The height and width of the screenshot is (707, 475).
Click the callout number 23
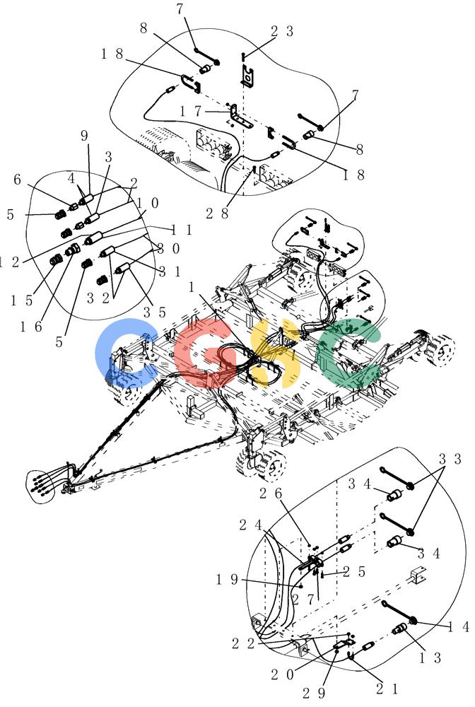pyautogui.click(x=282, y=31)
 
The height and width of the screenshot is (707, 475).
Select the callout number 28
pyautogui.click(x=217, y=214)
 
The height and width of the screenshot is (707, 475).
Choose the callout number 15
pyautogui.click(x=22, y=300)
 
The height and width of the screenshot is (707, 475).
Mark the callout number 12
pyautogui.click(x=9, y=262)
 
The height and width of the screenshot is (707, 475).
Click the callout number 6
pyautogui.click(x=17, y=180)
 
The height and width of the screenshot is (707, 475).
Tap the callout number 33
pyautogui.click(x=450, y=459)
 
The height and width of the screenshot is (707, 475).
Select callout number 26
pyautogui.click(x=271, y=493)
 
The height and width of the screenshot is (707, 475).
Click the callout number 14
pyautogui.click(x=459, y=626)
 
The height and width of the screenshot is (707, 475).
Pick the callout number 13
pyautogui.click(x=430, y=658)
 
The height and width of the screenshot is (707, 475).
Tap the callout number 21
pyautogui.click(x=387, y=689)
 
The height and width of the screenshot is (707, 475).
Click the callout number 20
pyautogui.click(x=282, y=674)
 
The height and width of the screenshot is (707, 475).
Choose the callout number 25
pyautogui.click(x=354, y=572)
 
